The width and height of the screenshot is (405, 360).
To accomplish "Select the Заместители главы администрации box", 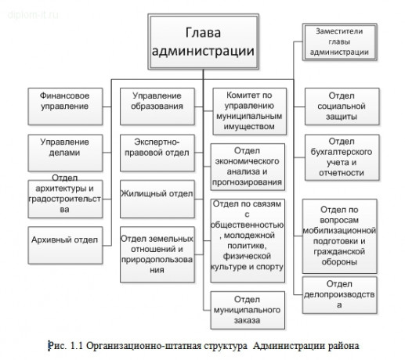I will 339,41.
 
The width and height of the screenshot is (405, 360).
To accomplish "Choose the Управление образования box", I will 157,102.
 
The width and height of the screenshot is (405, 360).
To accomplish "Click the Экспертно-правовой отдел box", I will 157,149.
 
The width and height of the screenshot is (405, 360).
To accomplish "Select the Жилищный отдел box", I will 157,193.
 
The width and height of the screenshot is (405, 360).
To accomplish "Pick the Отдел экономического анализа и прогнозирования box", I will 248,166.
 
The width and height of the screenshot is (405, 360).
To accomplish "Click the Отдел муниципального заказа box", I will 248,308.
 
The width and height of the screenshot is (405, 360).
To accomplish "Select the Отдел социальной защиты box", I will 338,105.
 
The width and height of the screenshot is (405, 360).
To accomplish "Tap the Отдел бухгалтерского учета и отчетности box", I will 338,156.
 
